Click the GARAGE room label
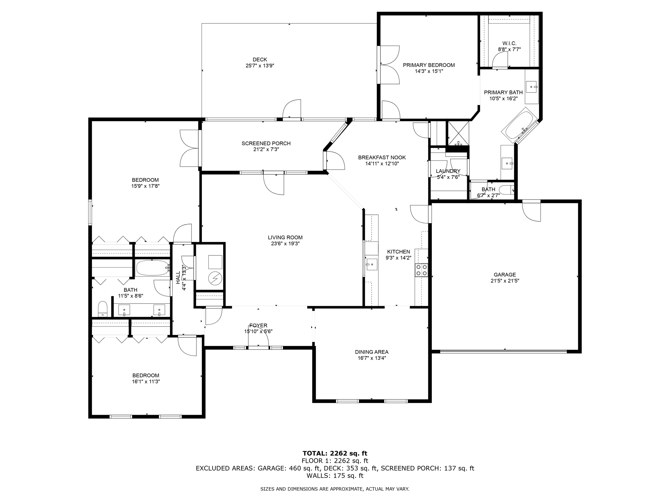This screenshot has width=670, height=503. (505, 275)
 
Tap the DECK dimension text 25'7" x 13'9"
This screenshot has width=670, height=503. (260, 65)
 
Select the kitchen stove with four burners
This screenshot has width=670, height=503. (421, 270)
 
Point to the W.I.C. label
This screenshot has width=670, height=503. (509, 43)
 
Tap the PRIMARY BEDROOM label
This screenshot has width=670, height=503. (429, 65)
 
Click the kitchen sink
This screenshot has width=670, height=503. (372, 264)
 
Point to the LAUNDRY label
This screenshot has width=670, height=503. (448, 171)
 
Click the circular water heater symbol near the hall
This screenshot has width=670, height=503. (215, 279)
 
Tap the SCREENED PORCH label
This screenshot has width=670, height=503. (266, 143)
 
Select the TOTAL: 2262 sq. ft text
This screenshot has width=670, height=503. (335, 454)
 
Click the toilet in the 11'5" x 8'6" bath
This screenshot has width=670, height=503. (103, 309)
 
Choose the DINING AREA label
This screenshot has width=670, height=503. (372, 352)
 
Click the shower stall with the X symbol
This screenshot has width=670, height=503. (458, 133)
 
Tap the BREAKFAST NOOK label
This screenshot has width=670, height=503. (382, 158)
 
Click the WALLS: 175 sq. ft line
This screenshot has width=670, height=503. (335, 476)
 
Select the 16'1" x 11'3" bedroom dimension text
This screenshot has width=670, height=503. (146, 382)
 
